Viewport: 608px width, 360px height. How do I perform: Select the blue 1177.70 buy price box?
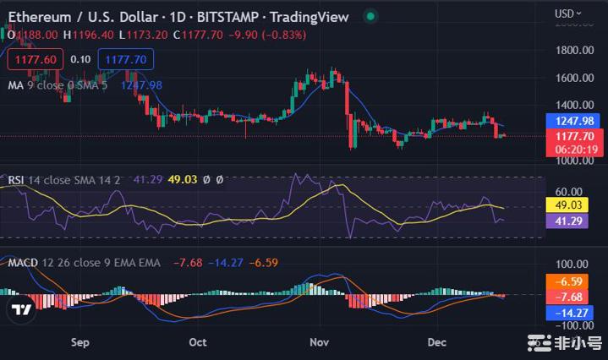[125, 60]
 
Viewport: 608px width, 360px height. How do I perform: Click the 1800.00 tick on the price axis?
[573, 51]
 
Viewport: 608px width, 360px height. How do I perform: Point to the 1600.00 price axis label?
[573, 79]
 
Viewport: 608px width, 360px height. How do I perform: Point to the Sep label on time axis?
[80, 342]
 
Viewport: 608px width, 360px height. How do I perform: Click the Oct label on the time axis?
[198, 342]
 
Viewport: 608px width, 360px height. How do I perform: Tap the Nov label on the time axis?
[319, 342]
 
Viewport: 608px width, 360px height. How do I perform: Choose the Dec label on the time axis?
[436, 342]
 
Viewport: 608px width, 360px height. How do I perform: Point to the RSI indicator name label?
[17, 178]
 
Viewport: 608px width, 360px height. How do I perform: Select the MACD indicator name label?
[23, 263]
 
